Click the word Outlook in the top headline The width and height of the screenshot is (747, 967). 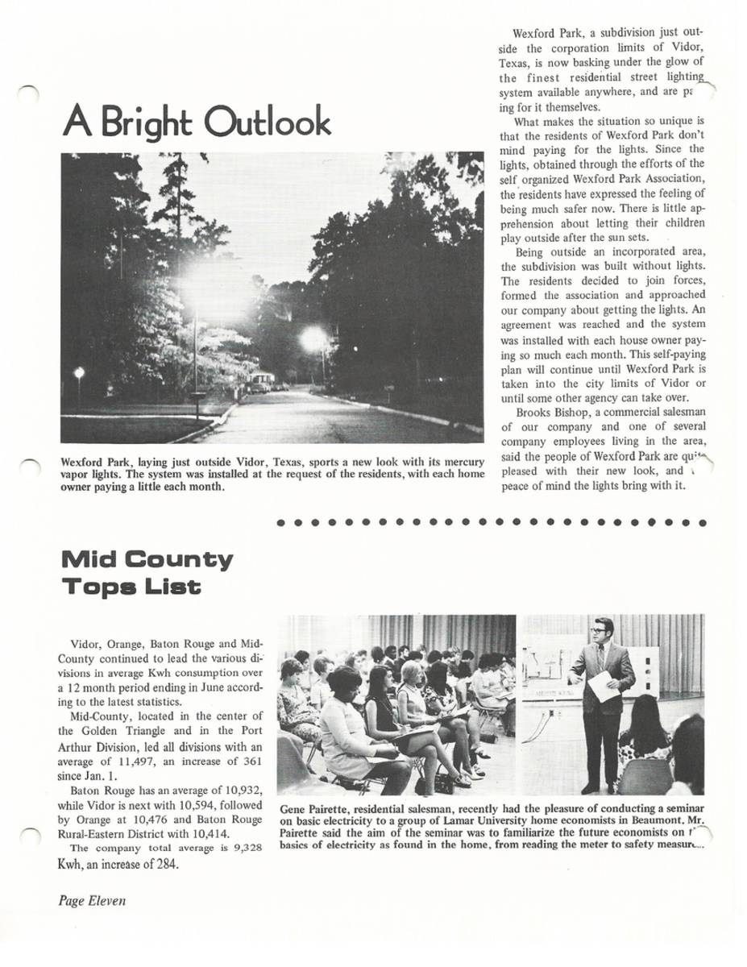tap(267, 122)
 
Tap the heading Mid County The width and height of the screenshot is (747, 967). tap(147, 559)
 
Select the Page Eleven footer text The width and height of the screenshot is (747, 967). tap(92, 901)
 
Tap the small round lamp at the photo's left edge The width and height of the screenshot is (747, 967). tap(78, 371)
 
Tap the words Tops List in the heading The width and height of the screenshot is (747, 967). tap(131, 587)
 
